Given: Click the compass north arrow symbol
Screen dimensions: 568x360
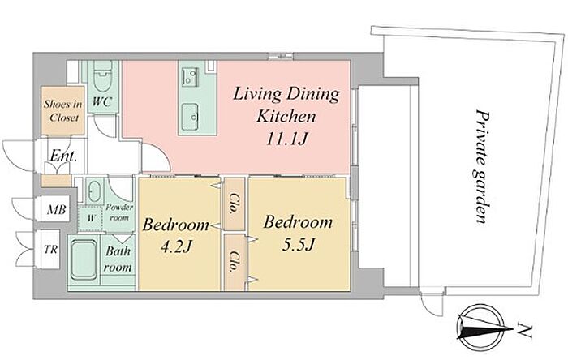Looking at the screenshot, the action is click(x=481, y=328).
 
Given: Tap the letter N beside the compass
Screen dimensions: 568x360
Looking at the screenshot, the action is click(x=524, y=330).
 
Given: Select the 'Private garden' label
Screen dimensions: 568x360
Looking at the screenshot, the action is click(x=483, y=166).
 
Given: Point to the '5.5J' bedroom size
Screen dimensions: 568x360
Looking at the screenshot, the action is click(x=297, y=245).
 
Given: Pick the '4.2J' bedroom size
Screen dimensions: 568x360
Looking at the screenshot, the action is click(x=176, y=247).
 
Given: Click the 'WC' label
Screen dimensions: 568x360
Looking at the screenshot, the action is click(x=101, y=101).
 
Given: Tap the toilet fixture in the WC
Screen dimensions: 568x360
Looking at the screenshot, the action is click(x=101, y=76).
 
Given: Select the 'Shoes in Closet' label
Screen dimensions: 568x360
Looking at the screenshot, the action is click(x=63, y=111).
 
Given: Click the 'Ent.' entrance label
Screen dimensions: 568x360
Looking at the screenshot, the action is click(x=63, y=156).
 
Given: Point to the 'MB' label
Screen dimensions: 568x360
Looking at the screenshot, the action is click(x=57, y=209).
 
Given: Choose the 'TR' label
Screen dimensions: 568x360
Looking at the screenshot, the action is click(x=50, y=249).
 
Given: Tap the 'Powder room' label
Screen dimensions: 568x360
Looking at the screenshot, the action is click(x=119, y=212).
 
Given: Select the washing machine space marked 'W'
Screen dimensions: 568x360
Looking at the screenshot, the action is click(x=91, y=218).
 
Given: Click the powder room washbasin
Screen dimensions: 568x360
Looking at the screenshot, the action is click(x=95, y=191).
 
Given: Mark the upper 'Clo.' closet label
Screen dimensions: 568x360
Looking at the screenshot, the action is click(x=235, y=204).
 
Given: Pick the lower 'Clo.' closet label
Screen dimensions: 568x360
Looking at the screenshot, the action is click(x=234, y=261).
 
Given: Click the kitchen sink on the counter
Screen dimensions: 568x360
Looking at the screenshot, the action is click(x=189, y=117).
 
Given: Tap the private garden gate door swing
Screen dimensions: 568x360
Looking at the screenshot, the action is click(x=432, y=305).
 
